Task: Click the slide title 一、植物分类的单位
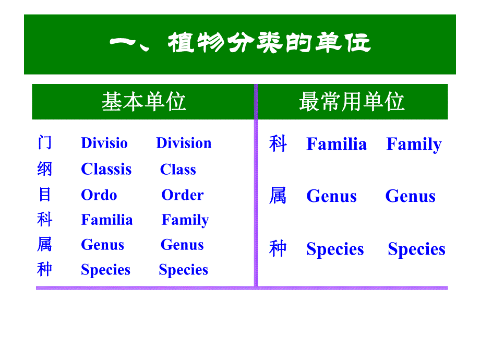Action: pyautogui.click(x=240, y=44)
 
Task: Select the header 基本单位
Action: pyautogui.click(x=143, y=102)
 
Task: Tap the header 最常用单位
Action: pyautogui.click(x=352, y=102)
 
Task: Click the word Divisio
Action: pyautogui.click(x=104, y=143)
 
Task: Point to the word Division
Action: pyautogui.click(x=184, y=143)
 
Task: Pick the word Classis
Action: pyautogui.click(x=106, y=169)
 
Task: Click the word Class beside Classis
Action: pyautogui.click(x=178, y=170)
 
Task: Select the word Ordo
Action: pyautogui.click(x=99, y=195)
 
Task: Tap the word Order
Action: pyautogui.click(x=183, y=195)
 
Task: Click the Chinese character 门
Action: pyautogui.click(x=45, y=142)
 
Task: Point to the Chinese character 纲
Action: pyautogui.click(x=45, y=169)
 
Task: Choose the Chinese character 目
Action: pyautogui.click(x=45, y=194)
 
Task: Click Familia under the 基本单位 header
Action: pyautogui.click(x=107, y=220)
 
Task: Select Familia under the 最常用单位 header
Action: pyautogui.click(x=337, y=144)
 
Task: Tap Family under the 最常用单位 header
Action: pyautogui.click(x=414, y=144)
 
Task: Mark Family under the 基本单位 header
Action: pyautogui.click(x=185, y=220)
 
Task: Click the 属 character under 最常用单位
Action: pyautogui.click(x=278, y=196)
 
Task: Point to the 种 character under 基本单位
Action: pyautogui.click(x=45, y=269)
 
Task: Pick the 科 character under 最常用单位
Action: pyautogui.click(x=278, y=143)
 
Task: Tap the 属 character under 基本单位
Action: pyautogui.click(x=45, y=244)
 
